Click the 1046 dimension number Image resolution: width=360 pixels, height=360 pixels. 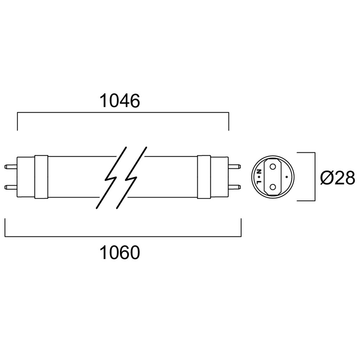[x=120, y=101]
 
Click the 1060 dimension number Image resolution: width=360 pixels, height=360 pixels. [x=120, y=252]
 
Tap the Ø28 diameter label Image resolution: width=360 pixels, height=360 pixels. [x=338, y=178]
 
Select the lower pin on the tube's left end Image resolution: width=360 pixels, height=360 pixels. [x=11, y=187]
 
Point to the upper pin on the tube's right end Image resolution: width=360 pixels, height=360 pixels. [x=234, y=166]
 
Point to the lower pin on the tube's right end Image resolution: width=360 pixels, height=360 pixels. [x=234, y=187]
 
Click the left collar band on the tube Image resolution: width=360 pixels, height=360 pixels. [x=41, y=177]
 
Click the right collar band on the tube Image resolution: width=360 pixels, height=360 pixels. [x=204, y=176]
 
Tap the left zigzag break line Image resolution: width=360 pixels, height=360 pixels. [x=111, y=178]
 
